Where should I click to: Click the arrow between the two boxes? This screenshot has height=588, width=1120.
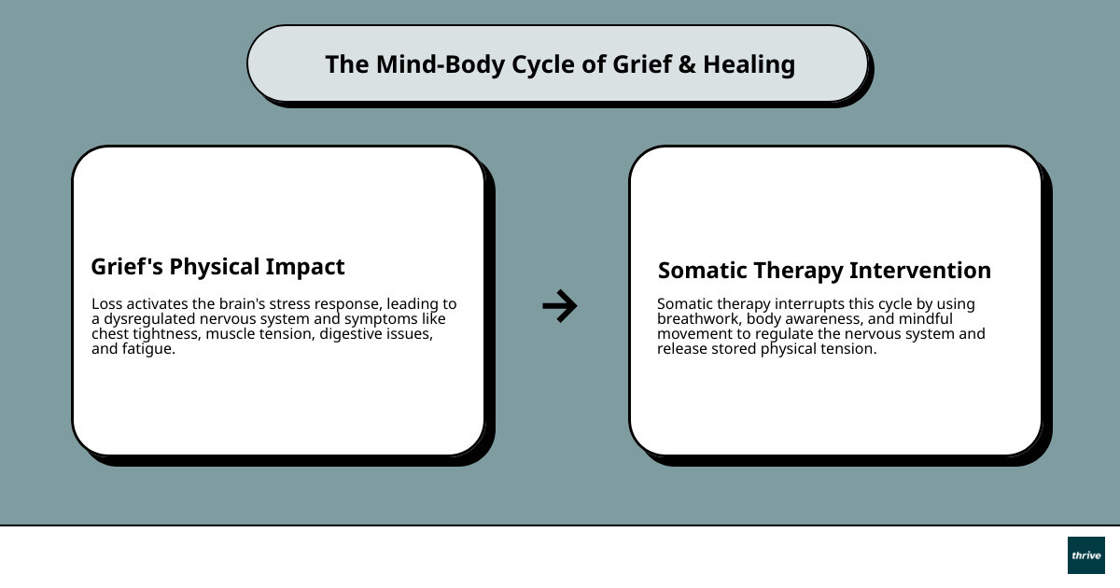point(560,305)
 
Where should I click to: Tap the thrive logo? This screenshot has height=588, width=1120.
point(1085,555)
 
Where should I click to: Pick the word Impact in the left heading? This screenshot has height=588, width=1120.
point(304,267)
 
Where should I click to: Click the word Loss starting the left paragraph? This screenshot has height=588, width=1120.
point(106,304)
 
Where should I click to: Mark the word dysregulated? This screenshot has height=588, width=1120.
point(151,319)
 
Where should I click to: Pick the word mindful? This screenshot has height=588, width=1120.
point(925,319)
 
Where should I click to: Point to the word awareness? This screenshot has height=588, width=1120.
point(815,319)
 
